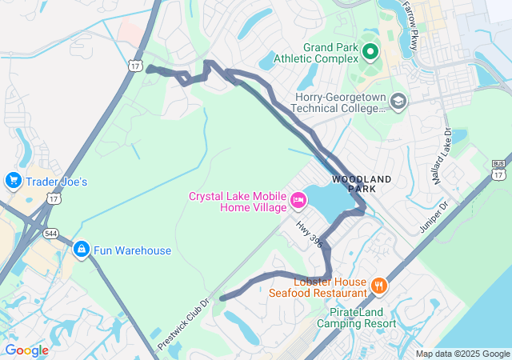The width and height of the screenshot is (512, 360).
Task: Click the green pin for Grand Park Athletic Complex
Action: (370, 53)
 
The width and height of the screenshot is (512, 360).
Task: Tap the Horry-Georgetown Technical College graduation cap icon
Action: (398, 102)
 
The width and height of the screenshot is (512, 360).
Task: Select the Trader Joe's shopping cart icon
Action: (13, 182)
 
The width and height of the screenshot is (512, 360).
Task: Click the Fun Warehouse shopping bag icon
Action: (81, 250)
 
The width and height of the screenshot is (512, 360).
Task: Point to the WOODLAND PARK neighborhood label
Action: (362, 184)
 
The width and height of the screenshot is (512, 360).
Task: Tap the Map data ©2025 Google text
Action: (462, 354)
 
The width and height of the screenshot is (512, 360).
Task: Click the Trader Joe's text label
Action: (56, 182)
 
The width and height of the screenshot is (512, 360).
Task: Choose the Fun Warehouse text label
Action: (132, 250)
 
